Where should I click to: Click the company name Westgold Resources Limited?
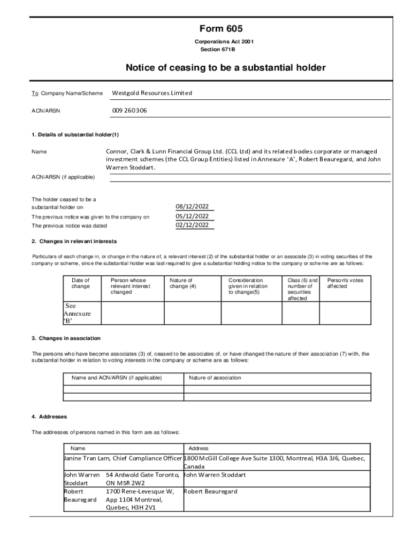pos(151,93)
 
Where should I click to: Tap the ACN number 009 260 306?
pos(129,111)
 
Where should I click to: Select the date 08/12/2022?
pos(192,207)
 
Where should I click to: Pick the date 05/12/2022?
pos(192,216)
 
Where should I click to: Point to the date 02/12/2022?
pos(192,225)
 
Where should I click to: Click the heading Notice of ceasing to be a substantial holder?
pos(225,68)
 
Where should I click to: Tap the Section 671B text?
pos(217,50)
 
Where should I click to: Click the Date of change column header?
pos(80,283)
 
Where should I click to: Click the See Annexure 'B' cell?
pos(78,314)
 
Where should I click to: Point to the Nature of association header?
pos(215,378)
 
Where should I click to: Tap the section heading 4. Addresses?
pos(49,417)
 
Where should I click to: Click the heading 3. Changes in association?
pos(66,339)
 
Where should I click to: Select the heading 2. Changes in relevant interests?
pos(74,241)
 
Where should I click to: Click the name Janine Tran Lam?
pos(89,458)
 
